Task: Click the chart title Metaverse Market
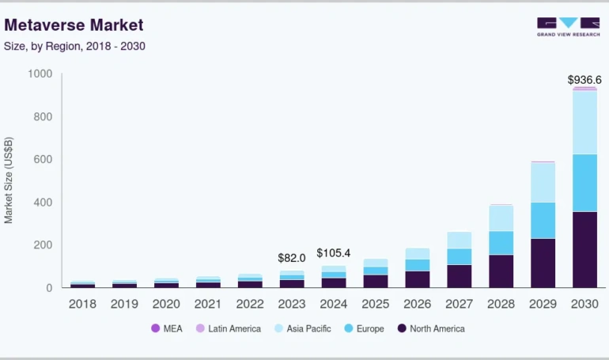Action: (x=74, y=25)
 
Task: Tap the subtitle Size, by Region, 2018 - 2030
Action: (x=74, y=46)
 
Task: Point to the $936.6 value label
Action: (x=584, y=80)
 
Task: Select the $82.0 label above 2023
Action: (x=291, y=258)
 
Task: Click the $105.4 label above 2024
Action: (x=333, y=253)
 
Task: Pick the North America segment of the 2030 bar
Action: (x=584, y=249)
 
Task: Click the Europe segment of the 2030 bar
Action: (x=584, y=183)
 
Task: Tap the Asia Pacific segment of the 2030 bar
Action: (x=584, y=123)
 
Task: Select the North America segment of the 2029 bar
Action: (x=543, y=263)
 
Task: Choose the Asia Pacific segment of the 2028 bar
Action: (x=501, y=218)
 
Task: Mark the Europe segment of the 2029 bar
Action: (x=543, y=220)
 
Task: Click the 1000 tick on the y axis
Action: (x=40, y=74)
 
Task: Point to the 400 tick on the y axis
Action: (x=43, y=203)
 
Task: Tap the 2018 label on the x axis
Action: (x=82, y=304)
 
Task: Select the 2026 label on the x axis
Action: (x=417, y=304)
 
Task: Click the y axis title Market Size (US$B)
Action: (x=9, y=180)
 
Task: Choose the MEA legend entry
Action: (x=167, y=328)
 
